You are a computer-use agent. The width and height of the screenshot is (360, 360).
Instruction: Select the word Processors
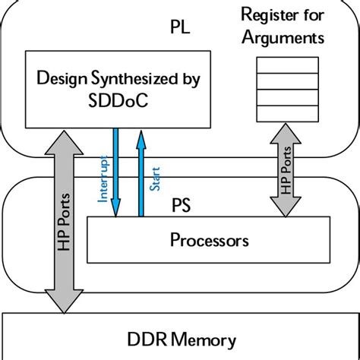pos(209,241)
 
